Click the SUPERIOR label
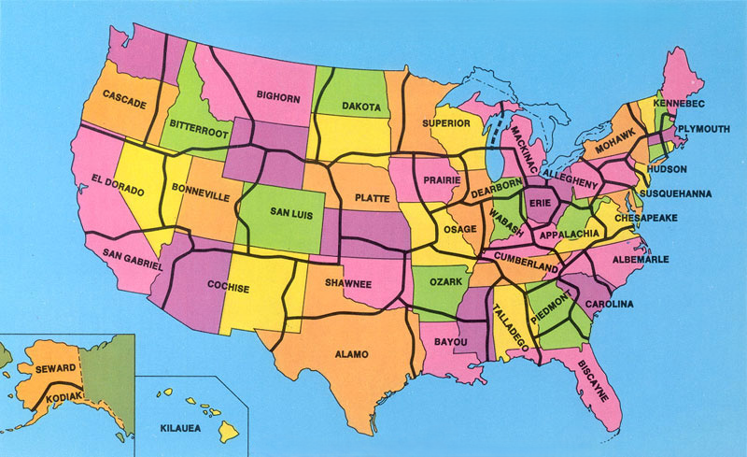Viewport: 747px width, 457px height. pyautogui.click(x=445, y=122)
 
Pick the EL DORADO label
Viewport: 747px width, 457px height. pyautogui.click(x=119, y=184)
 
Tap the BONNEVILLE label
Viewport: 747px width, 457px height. pyautogui.click(x=200, y=198)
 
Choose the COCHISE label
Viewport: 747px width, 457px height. pyautogui.click(x=228, y=288)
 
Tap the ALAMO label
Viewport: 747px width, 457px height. pyautogui.click(x=351, y=354)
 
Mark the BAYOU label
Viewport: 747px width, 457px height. pyautogui.click(x=452, y=343)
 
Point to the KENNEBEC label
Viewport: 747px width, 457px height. pyautogui.click(x=678, y=102)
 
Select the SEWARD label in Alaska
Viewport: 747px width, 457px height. pyautogui.click(x=54, y=369)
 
